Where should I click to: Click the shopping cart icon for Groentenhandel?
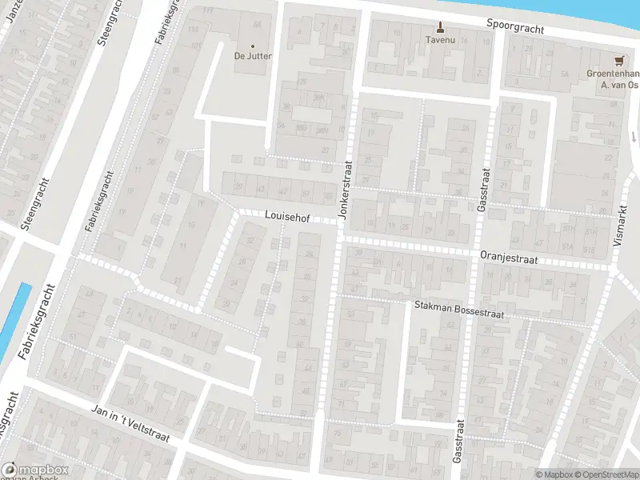click(618, 59)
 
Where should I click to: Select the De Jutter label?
click(253, 56)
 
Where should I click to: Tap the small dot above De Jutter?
click(253, 46)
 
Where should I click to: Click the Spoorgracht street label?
click(516, 26)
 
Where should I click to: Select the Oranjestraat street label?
click(508, 258)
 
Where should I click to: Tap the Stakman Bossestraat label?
click(458, 308)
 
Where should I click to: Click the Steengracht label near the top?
click(110, 24)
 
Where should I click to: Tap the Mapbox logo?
click(34, 470)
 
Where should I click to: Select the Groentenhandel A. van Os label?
click(612, 78)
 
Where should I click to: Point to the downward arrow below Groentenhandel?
click(632, 136)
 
